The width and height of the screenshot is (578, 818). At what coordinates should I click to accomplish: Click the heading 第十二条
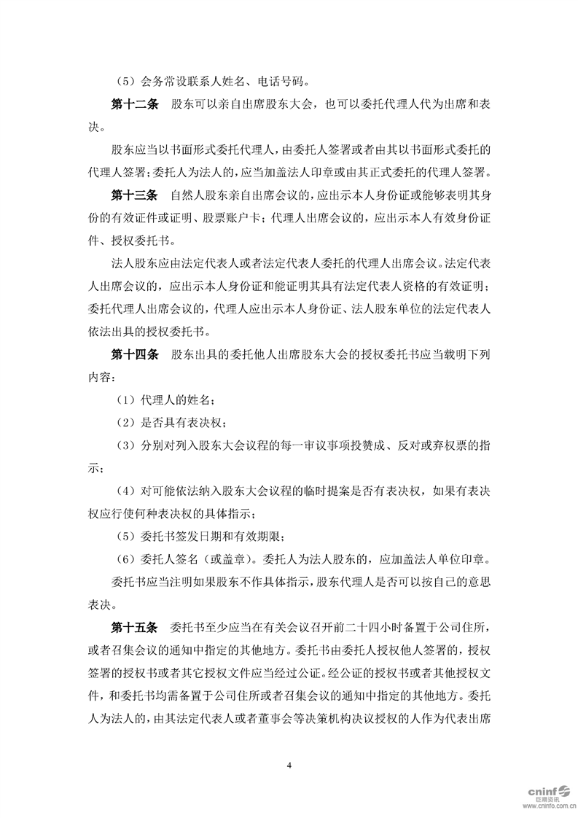(134, 105)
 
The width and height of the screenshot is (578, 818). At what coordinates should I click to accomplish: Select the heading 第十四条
(134, 355)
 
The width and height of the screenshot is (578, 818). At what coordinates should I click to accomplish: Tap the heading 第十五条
(134, 627)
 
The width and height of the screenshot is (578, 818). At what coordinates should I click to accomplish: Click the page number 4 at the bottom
(289, 765)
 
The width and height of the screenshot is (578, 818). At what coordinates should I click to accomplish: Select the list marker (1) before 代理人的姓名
(126, 400)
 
